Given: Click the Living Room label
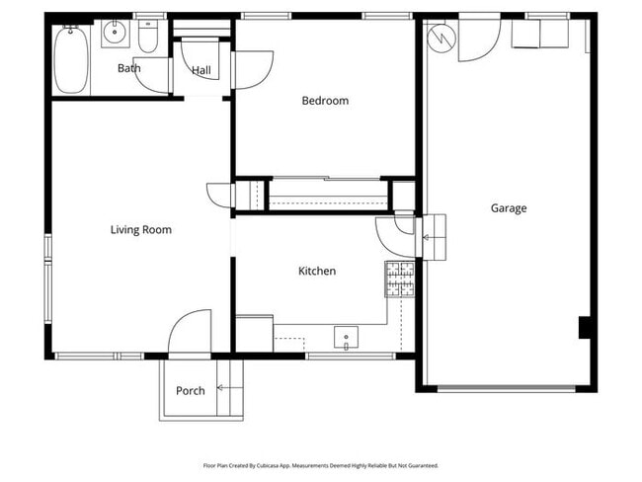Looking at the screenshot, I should [x=140, y=230].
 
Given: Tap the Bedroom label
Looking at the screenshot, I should [x=325, y=101].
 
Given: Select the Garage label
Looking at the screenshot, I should [x=509, y=208].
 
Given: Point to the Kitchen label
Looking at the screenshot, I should [x=317, y=271].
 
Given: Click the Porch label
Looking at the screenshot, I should [x=191, y=391].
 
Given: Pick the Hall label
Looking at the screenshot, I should [x=201, y=70].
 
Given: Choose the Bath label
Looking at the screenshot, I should [x=128, y=68].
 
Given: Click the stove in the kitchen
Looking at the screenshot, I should [x=399, y=279].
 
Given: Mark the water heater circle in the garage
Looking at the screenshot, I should [x=441, y=37].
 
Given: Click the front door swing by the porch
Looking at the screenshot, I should [x=190, y=334].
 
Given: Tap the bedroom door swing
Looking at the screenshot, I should [x=252, y=70].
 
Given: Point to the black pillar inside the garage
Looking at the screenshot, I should [x=584, y=327].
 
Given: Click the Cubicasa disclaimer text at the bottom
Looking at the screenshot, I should [x=320, y=465].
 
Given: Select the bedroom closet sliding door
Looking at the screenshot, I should [x=326, y=179].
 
